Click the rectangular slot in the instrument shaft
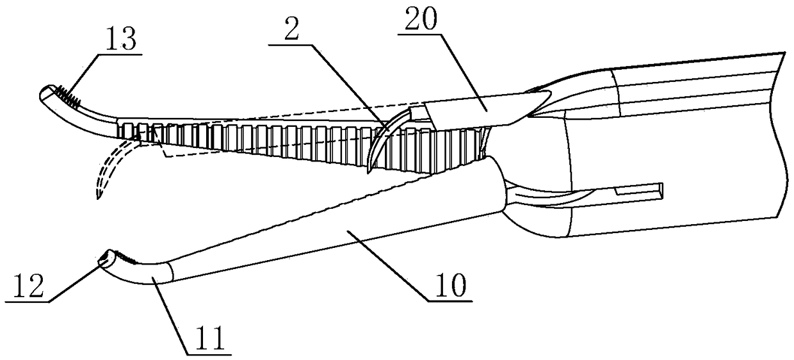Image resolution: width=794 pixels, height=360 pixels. coord(637,190)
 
